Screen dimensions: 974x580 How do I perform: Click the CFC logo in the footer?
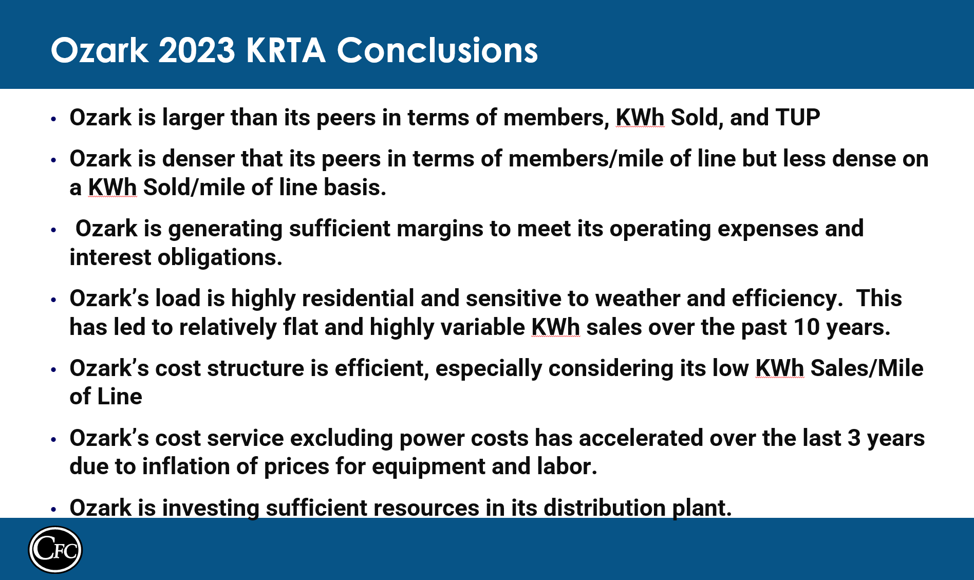click(x=55, y=549)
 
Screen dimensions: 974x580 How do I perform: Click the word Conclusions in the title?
click(x=437, y=50)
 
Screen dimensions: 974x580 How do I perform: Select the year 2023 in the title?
click(x=197, y=50)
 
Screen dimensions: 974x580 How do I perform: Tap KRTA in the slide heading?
click(x=286, y=50)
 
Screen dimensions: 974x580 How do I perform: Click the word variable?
click(x=480, y=327)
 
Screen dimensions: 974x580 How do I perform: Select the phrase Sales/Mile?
click(x=867, y=368)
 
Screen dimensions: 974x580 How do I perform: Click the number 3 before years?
click(x=854, y=438)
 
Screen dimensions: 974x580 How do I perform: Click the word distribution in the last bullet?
click(x=605, y=508)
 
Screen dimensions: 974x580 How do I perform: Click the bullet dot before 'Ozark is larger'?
click(x=53, y=119)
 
